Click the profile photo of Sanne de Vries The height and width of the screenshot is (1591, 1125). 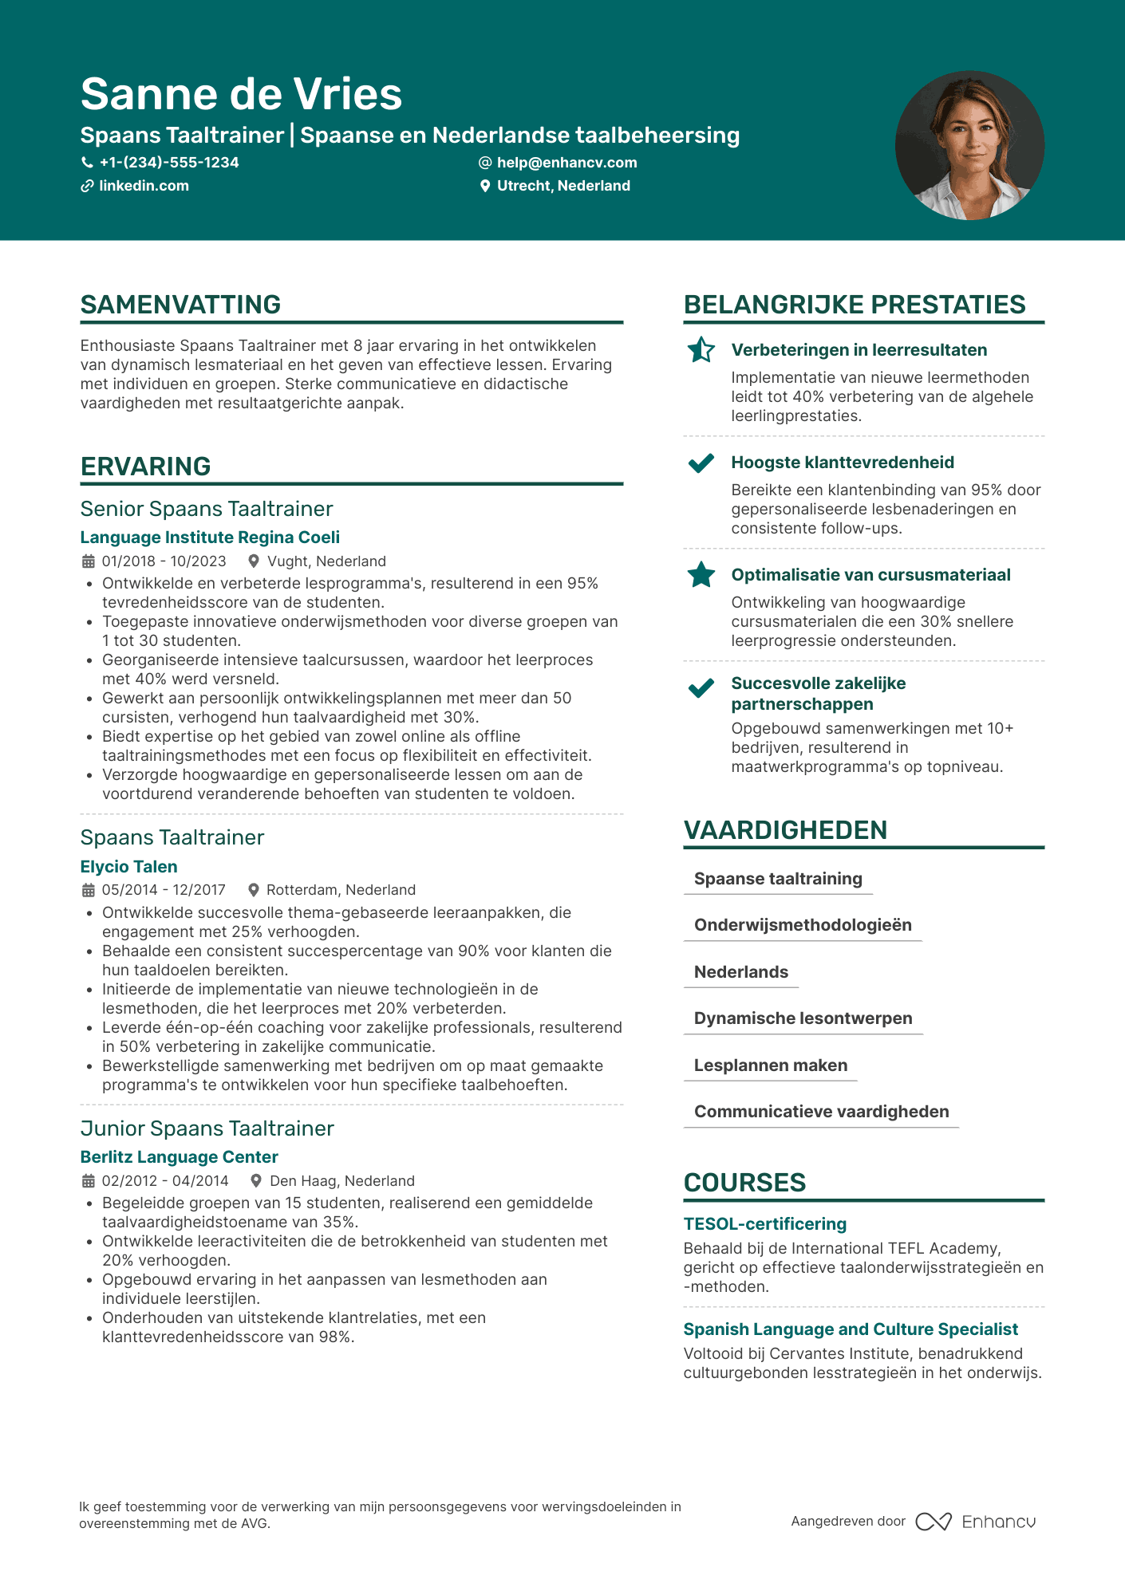click(x=969, y=145)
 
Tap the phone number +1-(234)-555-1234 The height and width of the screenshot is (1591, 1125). click(x=168, y=163)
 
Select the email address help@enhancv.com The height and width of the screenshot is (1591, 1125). click(x=566, y=163)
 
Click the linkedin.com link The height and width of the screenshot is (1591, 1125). click(x=144, y=186)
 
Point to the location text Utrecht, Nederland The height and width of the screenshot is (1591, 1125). click(x=563, y=186)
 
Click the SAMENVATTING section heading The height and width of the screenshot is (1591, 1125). click(x=180, y=305)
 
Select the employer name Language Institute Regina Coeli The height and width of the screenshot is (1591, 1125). click(x=210, y=538)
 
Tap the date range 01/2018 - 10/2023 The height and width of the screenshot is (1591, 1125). click(x=164, y=561)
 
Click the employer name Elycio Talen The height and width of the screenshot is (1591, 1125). click(x=128, y=867)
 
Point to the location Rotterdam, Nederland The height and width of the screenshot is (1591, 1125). click(x=341, y=890)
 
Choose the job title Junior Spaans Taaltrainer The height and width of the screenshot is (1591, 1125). click(x=207, y=1128)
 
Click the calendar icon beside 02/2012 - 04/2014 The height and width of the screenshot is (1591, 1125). click(x=88, y=1181)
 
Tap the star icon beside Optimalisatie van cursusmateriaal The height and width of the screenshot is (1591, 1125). click(x=701, y=575)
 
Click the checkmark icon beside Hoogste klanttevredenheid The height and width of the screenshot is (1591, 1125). click(x=701, y=463)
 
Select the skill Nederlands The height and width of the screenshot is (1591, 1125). click(x=740, y=972)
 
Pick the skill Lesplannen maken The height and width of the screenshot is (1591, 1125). click(x=771, y=1065)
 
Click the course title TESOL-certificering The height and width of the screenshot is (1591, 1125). click(x=764, y=1224)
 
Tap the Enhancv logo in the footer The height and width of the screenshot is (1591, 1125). click(x=976, y=1522)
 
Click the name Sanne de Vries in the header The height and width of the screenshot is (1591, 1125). click(x=241, y=94)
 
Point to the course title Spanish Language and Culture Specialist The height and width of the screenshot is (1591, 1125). click(x=851, y=1329)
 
